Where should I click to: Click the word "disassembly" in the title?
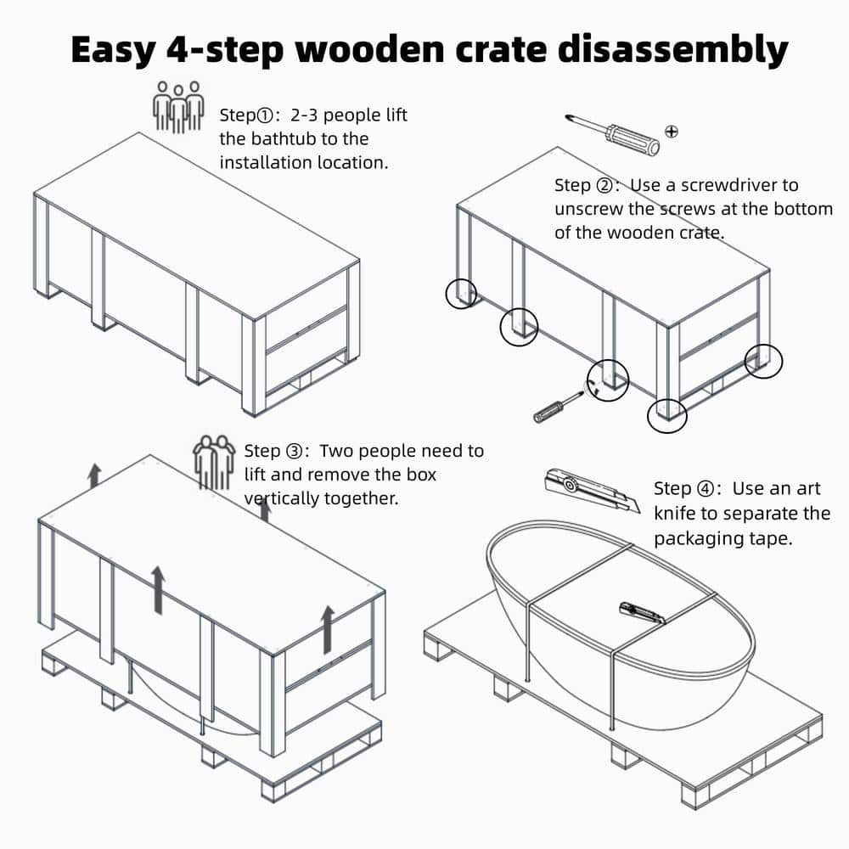click(673, 50)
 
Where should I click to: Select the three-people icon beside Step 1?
click(178, 107)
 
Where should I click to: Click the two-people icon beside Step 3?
click(215, 462)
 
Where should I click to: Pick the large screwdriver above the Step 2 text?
click(612, 134)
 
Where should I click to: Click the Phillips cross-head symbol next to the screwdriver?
click(672, 131)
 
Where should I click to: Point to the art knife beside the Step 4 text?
click(593, 490)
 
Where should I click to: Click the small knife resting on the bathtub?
click(642, 614)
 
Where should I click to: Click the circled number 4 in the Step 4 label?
click(705, 489)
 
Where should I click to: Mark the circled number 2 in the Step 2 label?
click(604, 186)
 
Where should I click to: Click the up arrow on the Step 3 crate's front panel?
click(158, 590)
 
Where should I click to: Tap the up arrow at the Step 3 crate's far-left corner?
click(95, 475)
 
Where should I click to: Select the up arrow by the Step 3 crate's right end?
click(328, 629)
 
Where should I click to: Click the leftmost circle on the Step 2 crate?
click(461, 294)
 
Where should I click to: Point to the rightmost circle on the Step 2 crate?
click(763, 361)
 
